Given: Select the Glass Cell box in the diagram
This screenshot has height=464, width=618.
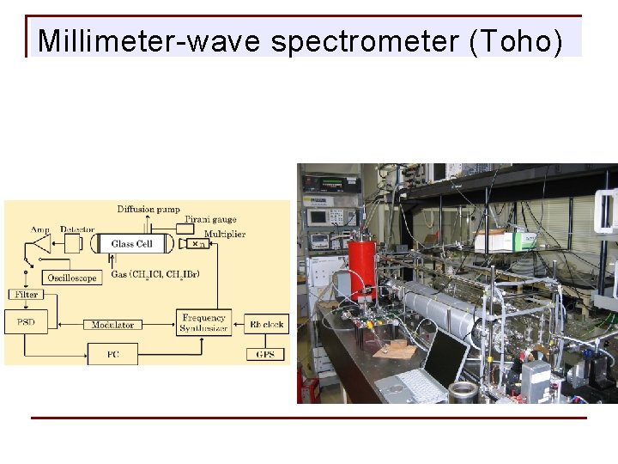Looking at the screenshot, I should point(132,244).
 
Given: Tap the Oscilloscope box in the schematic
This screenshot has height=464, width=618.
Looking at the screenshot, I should point(72,278).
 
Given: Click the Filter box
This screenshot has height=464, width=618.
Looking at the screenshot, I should point(26,294).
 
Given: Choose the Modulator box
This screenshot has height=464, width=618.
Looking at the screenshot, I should point(113,325).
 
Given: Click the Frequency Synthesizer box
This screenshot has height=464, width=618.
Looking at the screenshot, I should point(203,323).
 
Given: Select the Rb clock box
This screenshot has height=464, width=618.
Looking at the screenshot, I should point(267,324).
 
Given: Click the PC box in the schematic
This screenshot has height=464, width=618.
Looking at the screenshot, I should point(112,353).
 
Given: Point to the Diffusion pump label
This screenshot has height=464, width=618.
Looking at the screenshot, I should point(148,209).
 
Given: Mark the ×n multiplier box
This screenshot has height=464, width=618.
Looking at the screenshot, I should point(198,244).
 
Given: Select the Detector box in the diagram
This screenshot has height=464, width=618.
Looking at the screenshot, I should point(76,244).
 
